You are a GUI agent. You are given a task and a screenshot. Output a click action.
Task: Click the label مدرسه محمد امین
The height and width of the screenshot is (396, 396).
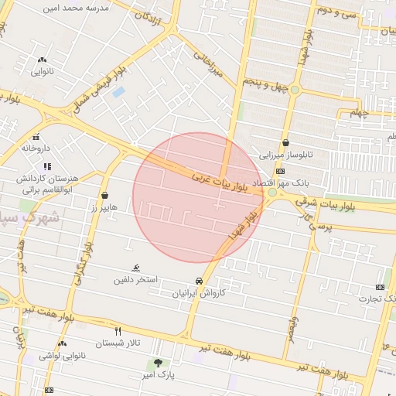point(78,7)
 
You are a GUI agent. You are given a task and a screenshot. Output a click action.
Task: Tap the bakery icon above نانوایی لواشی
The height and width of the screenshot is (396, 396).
point(61,343)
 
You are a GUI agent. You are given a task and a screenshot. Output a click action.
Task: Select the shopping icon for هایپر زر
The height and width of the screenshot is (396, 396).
point(104,196)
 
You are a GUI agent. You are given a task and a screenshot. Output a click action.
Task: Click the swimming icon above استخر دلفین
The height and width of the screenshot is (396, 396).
point(136,268)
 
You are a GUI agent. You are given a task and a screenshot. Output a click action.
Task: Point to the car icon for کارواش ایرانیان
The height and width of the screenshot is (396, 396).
point(200,282)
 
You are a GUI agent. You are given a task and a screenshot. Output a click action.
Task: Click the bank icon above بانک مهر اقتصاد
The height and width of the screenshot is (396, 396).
point(279,171)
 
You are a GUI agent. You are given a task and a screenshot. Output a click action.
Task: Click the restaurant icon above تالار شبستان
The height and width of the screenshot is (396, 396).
point(118,330)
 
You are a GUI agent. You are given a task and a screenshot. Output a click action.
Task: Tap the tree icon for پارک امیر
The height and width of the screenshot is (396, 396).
point(158,363)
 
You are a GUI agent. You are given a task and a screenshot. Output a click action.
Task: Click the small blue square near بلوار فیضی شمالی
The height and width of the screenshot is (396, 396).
point(118,92)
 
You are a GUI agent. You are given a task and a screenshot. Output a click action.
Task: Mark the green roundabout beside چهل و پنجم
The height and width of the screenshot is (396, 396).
point(294,90)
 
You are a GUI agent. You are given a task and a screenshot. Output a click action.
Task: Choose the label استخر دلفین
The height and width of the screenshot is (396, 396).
point(135,279)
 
